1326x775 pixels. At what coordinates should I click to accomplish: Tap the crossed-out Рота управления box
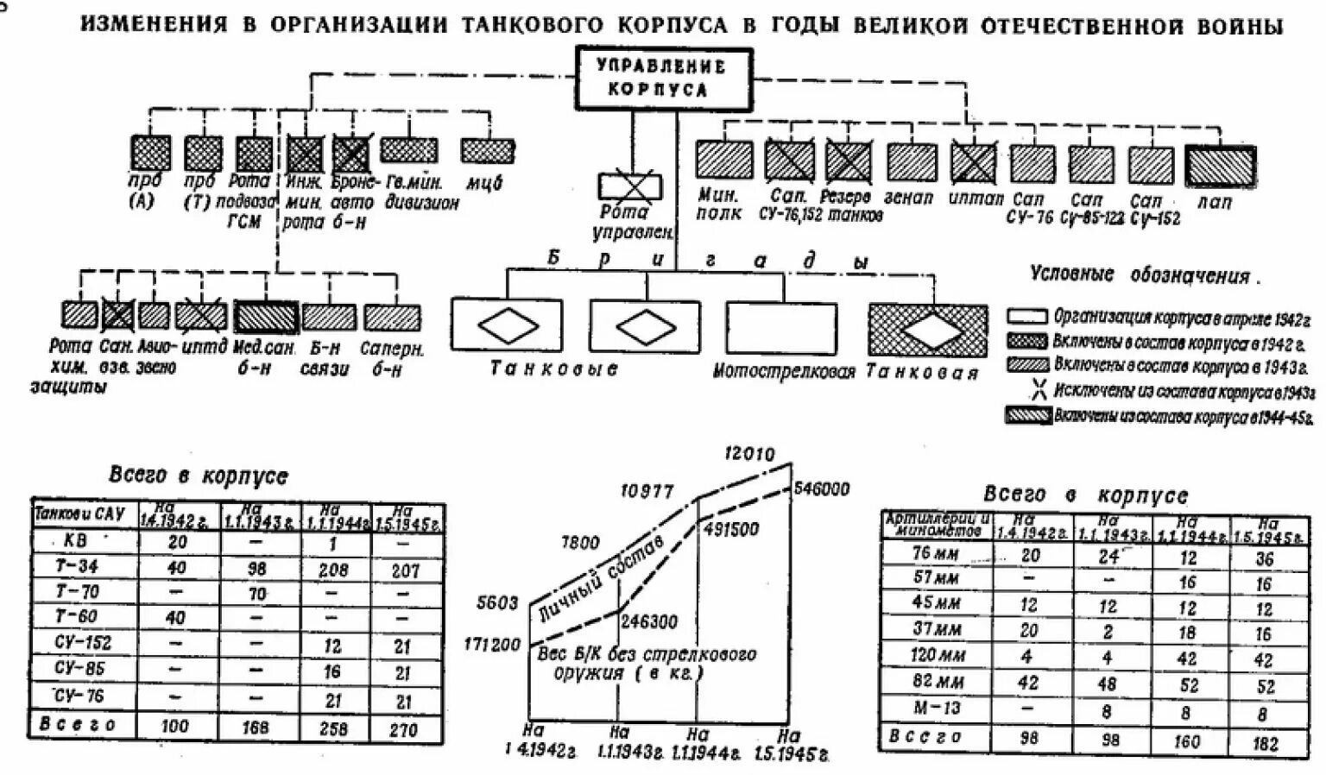coord(630,187)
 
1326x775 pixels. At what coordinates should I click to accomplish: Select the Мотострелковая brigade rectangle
coord(780,328)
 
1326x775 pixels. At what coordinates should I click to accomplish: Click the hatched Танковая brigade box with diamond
coord(927,330)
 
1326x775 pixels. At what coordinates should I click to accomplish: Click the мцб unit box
coord(488,151)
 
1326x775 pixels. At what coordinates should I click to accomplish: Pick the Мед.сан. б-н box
coord(265,317)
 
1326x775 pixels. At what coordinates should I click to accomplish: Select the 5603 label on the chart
coord(497,603)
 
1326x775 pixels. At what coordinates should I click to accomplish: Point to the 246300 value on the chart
coord(648,621)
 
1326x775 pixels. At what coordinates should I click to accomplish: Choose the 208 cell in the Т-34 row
coord(334,569)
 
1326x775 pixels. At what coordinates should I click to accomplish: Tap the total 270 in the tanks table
coord(404,729)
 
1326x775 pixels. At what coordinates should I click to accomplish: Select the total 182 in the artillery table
coord(1265,742)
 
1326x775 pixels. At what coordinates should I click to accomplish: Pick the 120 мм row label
coord(936,655)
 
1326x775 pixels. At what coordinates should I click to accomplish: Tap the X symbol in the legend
coord(1039,390)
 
